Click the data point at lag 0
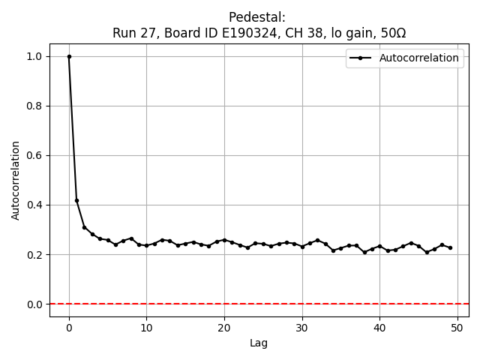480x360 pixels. [69, 56]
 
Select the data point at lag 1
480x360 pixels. [76, 200]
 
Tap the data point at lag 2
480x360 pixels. [85, 227]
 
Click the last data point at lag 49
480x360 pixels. [450, 247]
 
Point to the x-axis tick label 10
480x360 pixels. [146, 328]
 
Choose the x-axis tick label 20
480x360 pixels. [224, 328]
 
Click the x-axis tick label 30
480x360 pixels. [302, 328]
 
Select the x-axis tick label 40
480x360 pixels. [379, 328]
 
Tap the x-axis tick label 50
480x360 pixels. [457, 328]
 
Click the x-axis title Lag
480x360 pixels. [259, 343]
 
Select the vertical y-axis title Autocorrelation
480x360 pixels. [16, 180]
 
